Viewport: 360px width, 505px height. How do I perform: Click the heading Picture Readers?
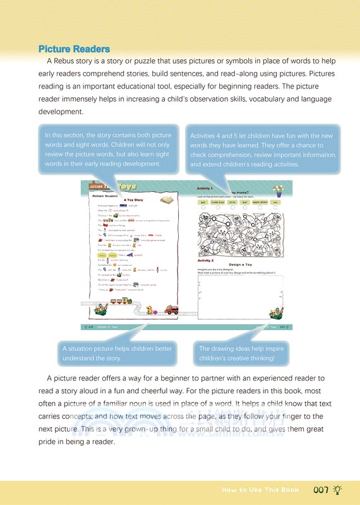[x=74, y=49]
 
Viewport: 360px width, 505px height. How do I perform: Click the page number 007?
[x=321, y=489]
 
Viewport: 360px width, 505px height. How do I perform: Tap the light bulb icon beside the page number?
[x=339, y=489]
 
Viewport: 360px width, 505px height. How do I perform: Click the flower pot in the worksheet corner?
[x=277, y=190]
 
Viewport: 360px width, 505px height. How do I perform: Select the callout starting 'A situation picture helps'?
[x=117, y=353]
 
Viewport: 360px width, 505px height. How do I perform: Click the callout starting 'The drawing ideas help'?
[x=242, y=353]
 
